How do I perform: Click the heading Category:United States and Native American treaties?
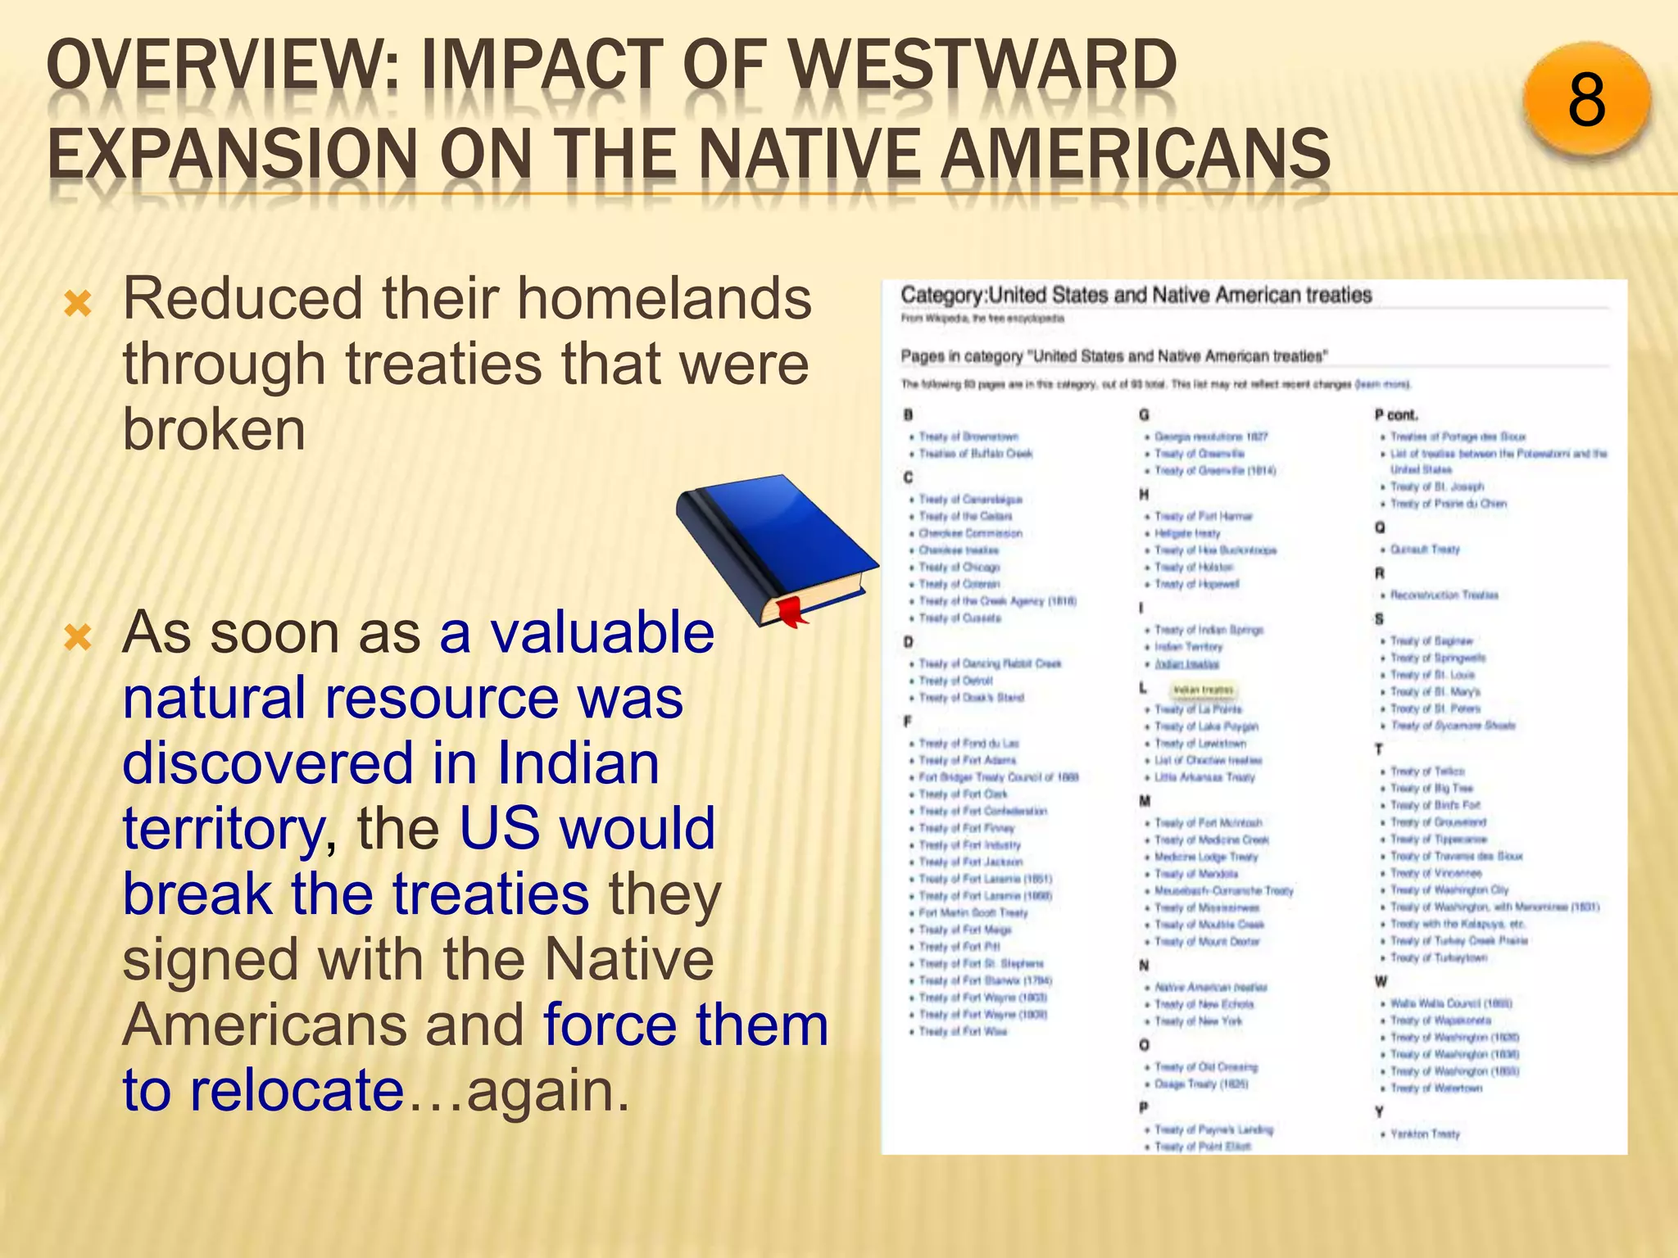tap(1136, 295)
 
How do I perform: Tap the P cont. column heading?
tap(1396, 414)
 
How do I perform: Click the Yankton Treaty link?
tap(1425, 1134)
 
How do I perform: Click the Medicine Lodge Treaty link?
tap(1205, 857)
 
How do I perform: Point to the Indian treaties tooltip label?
tap(1203, 690)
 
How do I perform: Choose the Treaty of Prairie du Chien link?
tap(1448, 504)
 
